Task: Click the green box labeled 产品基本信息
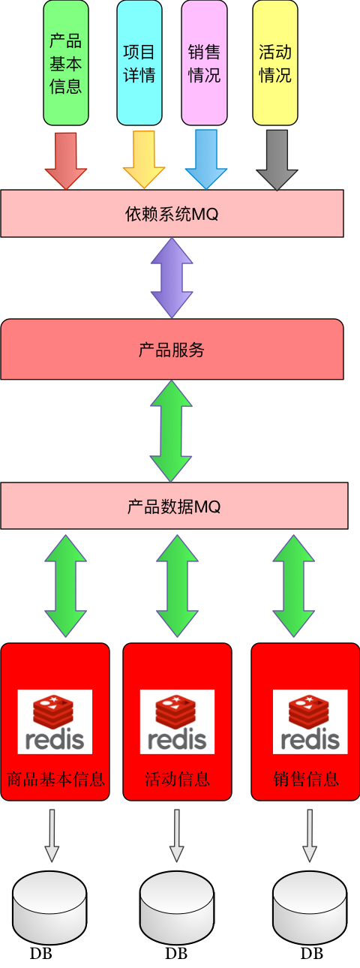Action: click(66, 63)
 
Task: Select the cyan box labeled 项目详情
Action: click(139, 63)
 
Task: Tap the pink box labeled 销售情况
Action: click(204, 63)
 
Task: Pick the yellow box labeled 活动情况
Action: click(275, 63)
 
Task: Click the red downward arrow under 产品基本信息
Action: click(66, 161)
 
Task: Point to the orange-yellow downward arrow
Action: click(144, 160)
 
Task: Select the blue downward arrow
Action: click(206, 160)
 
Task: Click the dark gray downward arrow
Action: click(277, 161)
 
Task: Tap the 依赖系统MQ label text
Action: click(172, 214)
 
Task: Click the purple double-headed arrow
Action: click(172, 278)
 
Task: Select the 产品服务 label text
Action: click(172, 350)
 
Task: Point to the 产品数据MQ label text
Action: click(174, 507)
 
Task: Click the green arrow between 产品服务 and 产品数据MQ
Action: click(171, 431)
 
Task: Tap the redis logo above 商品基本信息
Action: click(55, 722)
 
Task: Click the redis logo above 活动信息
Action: click(177, 722)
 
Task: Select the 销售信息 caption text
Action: click(306, 779)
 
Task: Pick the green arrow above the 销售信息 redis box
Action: click(293, 586)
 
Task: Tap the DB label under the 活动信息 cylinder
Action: click(176, 953)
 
